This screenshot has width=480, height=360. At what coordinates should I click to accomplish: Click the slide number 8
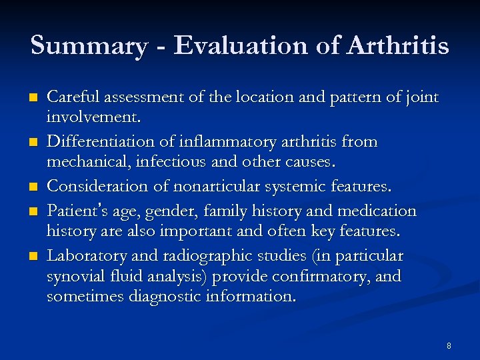coord(449,345)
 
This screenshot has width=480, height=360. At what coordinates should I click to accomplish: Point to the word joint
coord(420,98)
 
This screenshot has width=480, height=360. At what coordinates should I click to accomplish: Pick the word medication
coord(377,212)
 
